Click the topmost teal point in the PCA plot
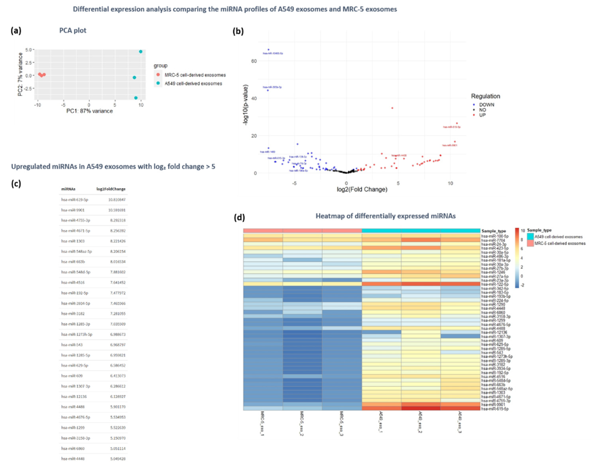(140, 52)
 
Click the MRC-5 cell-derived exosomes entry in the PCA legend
(195, 75)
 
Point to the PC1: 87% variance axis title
(89, 111)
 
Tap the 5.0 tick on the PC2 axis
(28, 50)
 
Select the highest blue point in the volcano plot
(268, 50)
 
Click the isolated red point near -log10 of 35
(392, 108)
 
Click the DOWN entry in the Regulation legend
(486, 105)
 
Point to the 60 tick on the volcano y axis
(254, 61)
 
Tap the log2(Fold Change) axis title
(362, 189)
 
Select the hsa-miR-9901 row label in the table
(73, 210)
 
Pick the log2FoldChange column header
(111, 189)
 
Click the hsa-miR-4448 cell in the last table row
(73, 459)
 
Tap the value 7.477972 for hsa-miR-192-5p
(118, 293)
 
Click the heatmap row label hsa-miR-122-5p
(495, 284)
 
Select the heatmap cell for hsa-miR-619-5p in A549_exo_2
(421, 408)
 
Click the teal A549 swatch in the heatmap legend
(530, 237)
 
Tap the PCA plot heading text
(73, 30)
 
